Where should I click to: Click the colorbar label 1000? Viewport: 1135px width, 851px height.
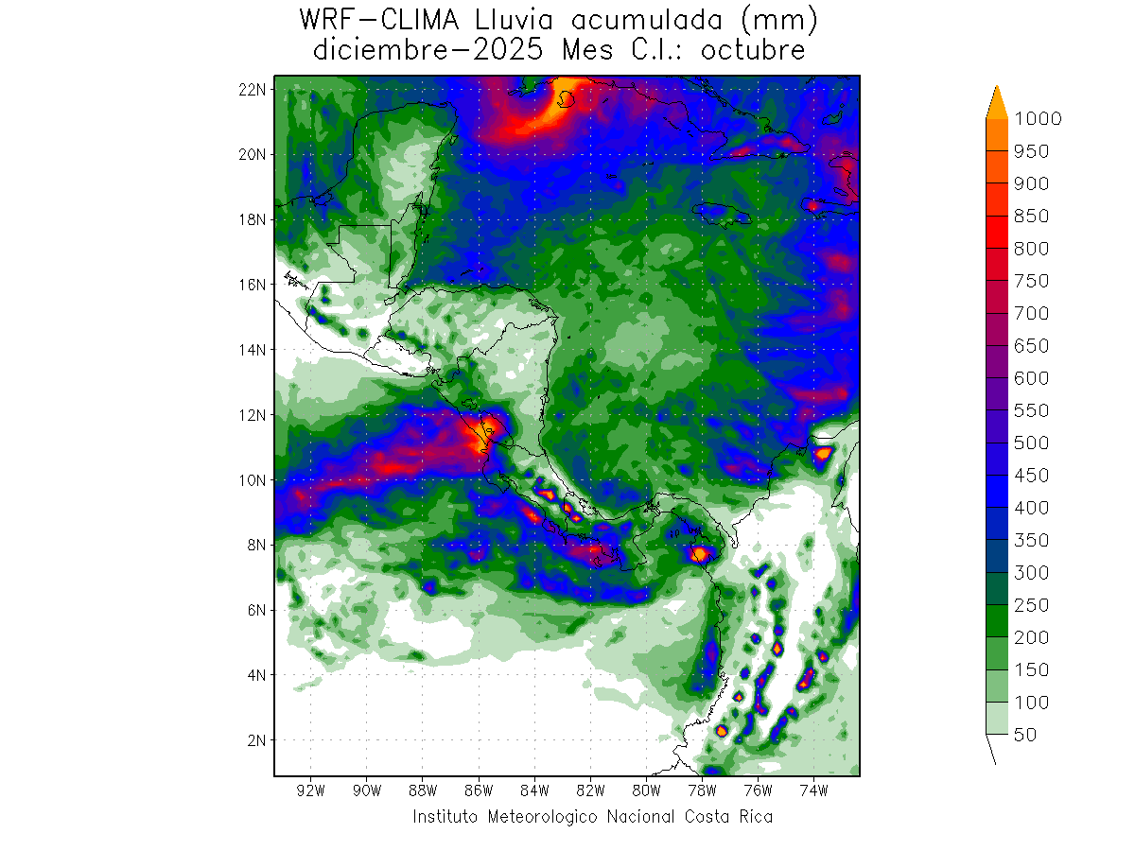pos(1037,118)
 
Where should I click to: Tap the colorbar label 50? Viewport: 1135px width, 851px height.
pos(1024,735)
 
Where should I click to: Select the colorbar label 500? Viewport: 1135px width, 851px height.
pos(1030,443)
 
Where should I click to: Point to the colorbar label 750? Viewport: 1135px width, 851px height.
pos(1030,281)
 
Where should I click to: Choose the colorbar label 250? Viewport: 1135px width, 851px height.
pos(1030,605)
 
